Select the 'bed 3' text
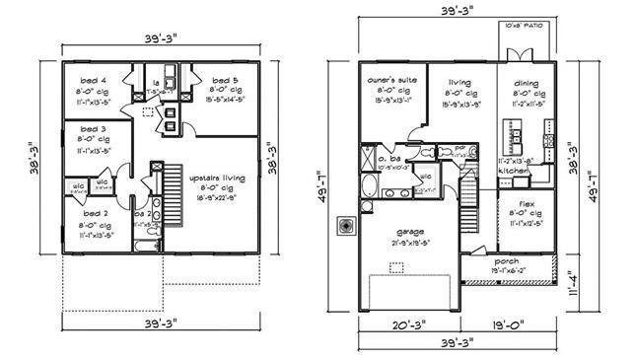pos(96,128)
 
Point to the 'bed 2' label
pos(96,212)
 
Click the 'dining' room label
pos(523,83)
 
